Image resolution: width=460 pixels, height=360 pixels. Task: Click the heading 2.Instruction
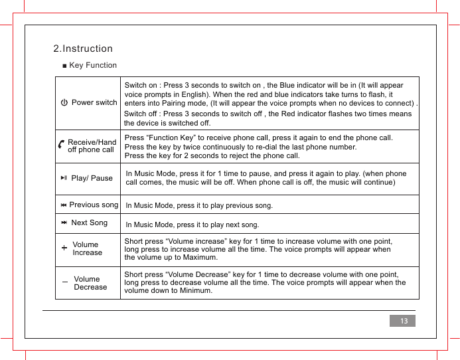pos(83,48)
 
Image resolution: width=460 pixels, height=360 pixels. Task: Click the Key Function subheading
pos(92,65)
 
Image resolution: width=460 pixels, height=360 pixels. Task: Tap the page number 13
pos(402,321)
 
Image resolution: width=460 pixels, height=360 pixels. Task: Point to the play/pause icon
pos(63,178)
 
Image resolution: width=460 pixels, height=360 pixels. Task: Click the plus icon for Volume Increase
pos(64,248)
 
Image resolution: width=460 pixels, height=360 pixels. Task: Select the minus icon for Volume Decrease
pos(64,283)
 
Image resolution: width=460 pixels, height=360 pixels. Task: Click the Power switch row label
pos(94,103)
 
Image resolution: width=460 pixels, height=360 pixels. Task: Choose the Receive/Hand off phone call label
pos(92,146)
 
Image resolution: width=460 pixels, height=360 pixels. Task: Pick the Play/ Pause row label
pos(92,178)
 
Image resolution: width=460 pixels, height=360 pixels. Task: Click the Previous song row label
pos(94,205)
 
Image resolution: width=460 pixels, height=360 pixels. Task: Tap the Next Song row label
pos(89,223)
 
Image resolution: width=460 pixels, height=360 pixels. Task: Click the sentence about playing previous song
pos(199,206)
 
